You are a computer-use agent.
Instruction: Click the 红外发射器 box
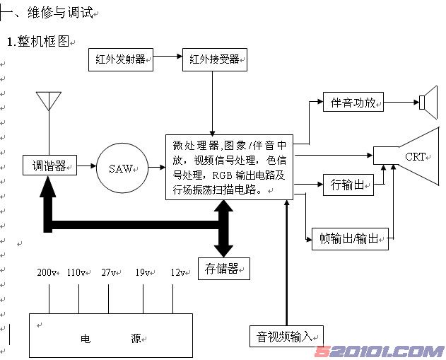pos(121,59)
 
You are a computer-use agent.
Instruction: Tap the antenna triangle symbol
pos(49,101)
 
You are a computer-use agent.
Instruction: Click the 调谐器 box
pos(49,166)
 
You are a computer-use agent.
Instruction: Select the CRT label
pos(414,156)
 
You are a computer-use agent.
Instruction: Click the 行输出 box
pos(348,185)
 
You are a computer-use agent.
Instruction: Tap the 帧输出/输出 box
pos(350,238)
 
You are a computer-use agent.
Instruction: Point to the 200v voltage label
pos(47,272)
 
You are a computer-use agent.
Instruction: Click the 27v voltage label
pos(110,272)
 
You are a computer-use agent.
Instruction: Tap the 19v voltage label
pos(143,272)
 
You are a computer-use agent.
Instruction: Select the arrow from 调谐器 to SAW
pos(86,166)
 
